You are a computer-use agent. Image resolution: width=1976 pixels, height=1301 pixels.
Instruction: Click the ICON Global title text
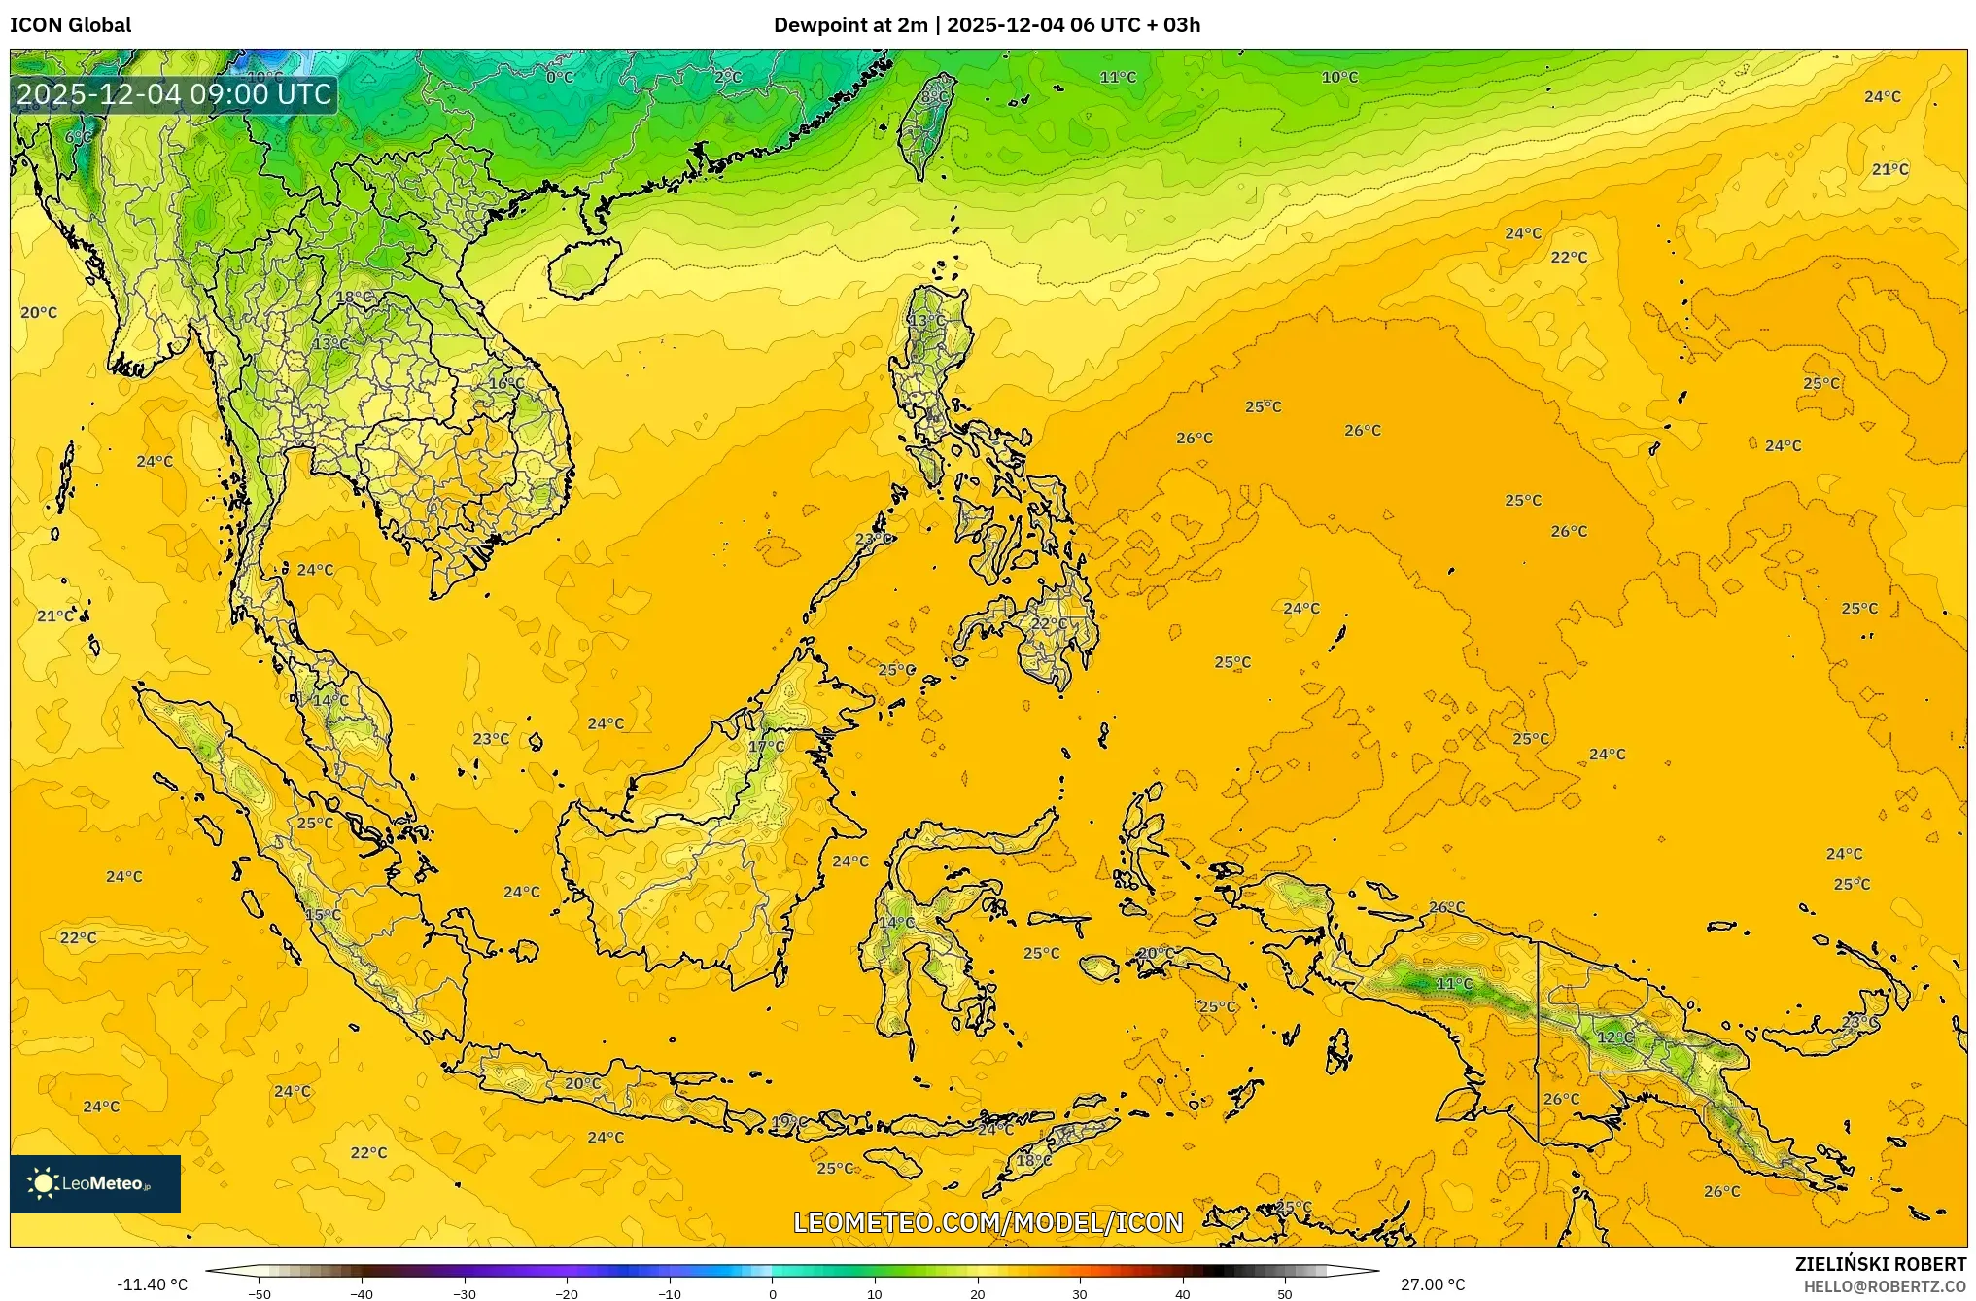70,25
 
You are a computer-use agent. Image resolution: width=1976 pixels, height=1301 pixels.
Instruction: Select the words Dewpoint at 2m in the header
850,25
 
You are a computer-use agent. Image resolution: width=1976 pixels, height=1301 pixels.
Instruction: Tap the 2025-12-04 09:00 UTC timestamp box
174,94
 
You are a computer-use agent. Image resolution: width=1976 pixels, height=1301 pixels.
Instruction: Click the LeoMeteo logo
95,1183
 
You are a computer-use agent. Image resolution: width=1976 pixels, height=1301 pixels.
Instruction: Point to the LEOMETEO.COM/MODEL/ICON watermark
988,1222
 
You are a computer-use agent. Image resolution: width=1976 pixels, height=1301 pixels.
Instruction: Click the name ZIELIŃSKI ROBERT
1880,1264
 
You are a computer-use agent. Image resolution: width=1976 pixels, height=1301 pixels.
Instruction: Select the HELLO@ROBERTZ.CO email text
1885,1286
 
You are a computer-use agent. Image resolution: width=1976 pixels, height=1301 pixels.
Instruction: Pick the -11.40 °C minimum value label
152,1284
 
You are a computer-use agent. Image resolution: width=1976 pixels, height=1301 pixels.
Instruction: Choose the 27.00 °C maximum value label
1433,1284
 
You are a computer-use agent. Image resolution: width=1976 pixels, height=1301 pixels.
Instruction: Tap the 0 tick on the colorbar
773,1294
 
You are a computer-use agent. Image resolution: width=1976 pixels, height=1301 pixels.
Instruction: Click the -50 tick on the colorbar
260,1294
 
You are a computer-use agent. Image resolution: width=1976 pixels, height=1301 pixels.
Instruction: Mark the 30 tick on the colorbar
1080,1294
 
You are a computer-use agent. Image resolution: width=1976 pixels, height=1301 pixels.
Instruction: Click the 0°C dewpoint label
560,77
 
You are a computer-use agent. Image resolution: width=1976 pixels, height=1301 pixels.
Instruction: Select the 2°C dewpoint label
727,77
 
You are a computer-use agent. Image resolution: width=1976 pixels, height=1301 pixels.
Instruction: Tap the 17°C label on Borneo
766,747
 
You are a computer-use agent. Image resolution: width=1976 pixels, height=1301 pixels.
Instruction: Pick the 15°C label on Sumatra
323,915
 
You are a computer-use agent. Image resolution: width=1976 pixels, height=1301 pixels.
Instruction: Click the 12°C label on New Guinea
1615,1037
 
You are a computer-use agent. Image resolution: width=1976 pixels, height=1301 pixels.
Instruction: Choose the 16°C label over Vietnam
506,384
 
